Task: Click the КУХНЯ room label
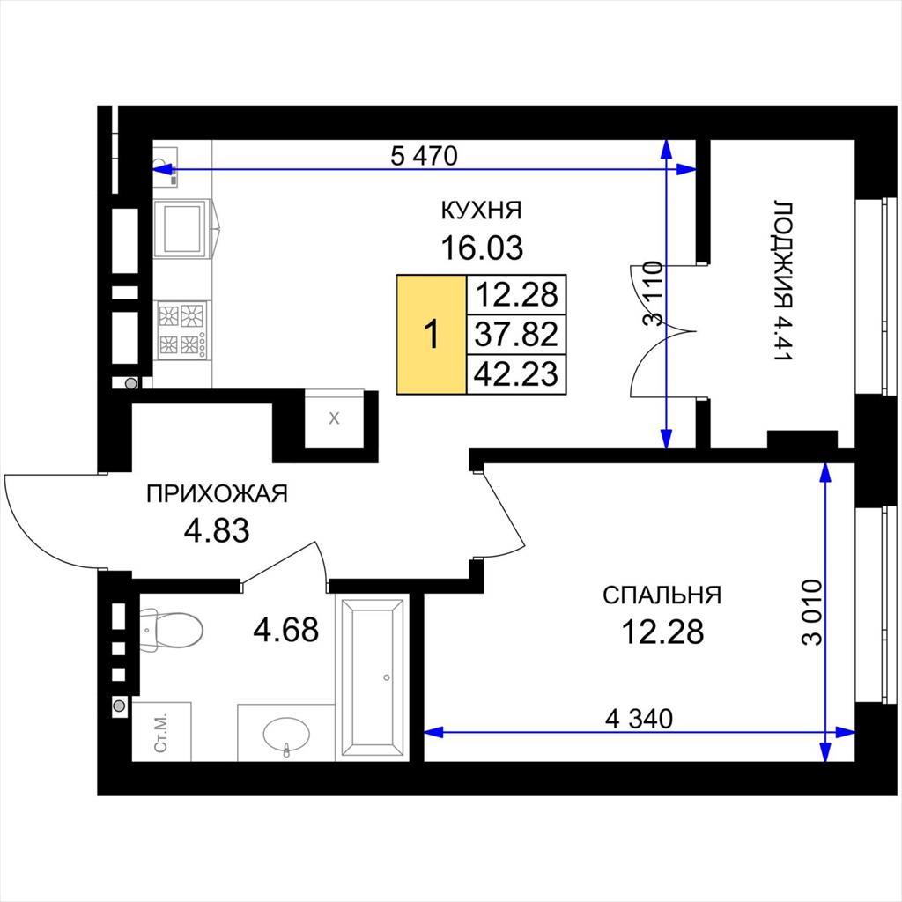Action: pyautogui.click(x=482, y=211)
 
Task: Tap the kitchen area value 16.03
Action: pyautogui.click(x=482, y=248)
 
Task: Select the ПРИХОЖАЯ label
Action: pyautogui.click(x=217, y=494)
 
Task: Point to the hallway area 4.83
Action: pyautogui.click(x=217, y=530)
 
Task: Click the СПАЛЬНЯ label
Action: pyautogui.click(x=662, y=595)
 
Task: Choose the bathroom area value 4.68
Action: pyautogui.click(x=286, y=629)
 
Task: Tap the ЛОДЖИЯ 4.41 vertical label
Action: pyautogui.click(x=783, y=281)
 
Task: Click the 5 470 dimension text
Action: pyautogui.click(x=424, y=155)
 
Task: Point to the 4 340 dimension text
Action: pyautogui.click(x=640, y=719)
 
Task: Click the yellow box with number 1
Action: pyautogui.click(x=432, y=334)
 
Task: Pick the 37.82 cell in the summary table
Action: pyautogui.click(x=516, y=334)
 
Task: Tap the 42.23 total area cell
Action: pyautogui.click(x=516, y=374)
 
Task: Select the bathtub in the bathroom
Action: pyautogui.click(x=373, y=677)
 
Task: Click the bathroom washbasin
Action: pyautogui.click(x=286, y=734)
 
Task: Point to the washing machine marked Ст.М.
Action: pyautogui.click(x=162, y=731)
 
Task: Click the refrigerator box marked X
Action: pyautogui.click(x=334, y=418)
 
